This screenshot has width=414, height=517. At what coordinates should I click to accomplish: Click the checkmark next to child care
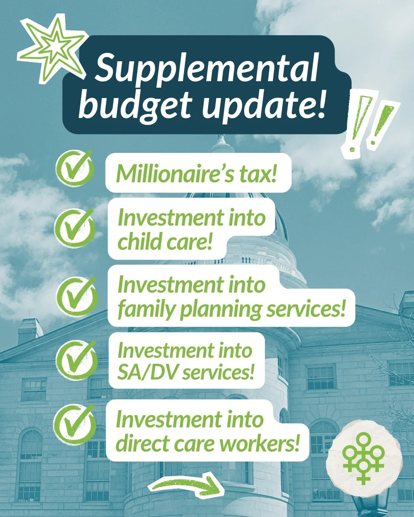pos(75,228)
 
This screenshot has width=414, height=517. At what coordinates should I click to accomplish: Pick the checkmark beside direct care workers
pos(75,424)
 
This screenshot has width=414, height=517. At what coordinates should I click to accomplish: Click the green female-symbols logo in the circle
pos(363,458)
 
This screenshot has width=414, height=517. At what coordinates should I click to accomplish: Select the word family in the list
pos(146,309)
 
